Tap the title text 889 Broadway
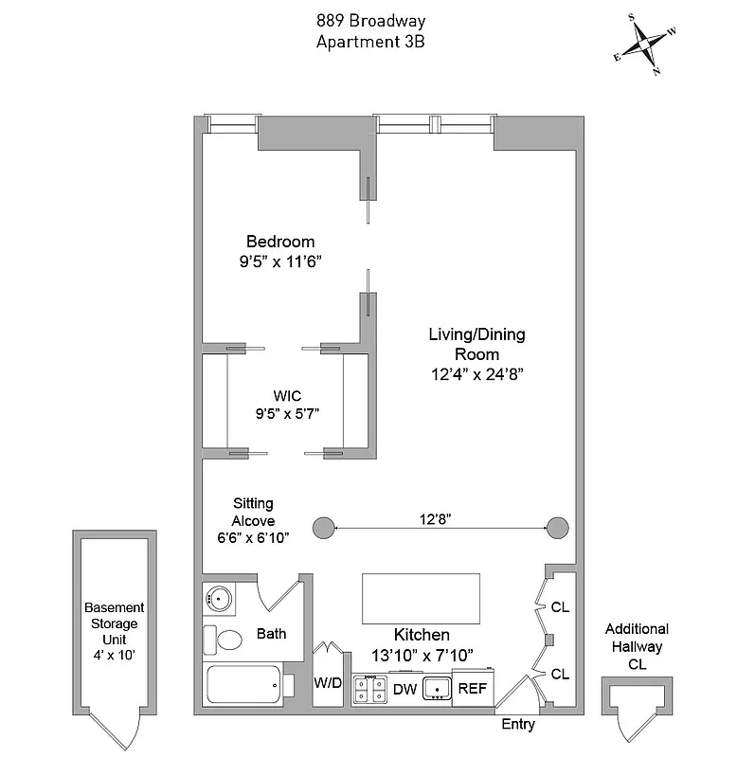(370, 21)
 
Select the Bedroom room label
(280, 242)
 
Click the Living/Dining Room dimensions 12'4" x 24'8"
(476, 374)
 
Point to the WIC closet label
(287, 394)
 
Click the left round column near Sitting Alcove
(324, 527)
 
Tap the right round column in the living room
(558, 527)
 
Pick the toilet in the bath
(225, 641)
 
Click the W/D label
(327, 683)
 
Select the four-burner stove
(369, 689)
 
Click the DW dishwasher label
(405, 689)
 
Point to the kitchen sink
(438, 688)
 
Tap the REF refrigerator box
(472, 689)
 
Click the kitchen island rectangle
(421, 598)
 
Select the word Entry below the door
(518, 725)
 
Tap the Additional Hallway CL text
(637, 646)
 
